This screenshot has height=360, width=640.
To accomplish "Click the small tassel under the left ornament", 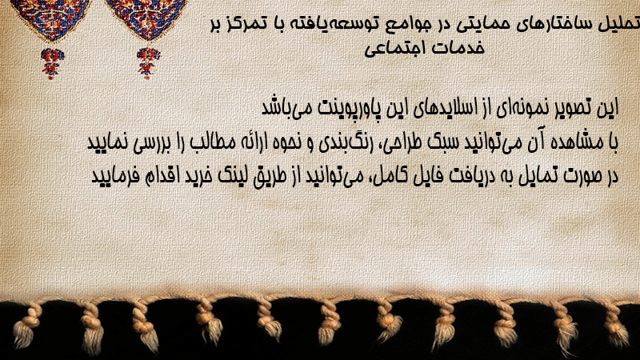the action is coord(52,62).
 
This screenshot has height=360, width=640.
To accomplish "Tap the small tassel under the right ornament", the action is coord(148,62).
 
